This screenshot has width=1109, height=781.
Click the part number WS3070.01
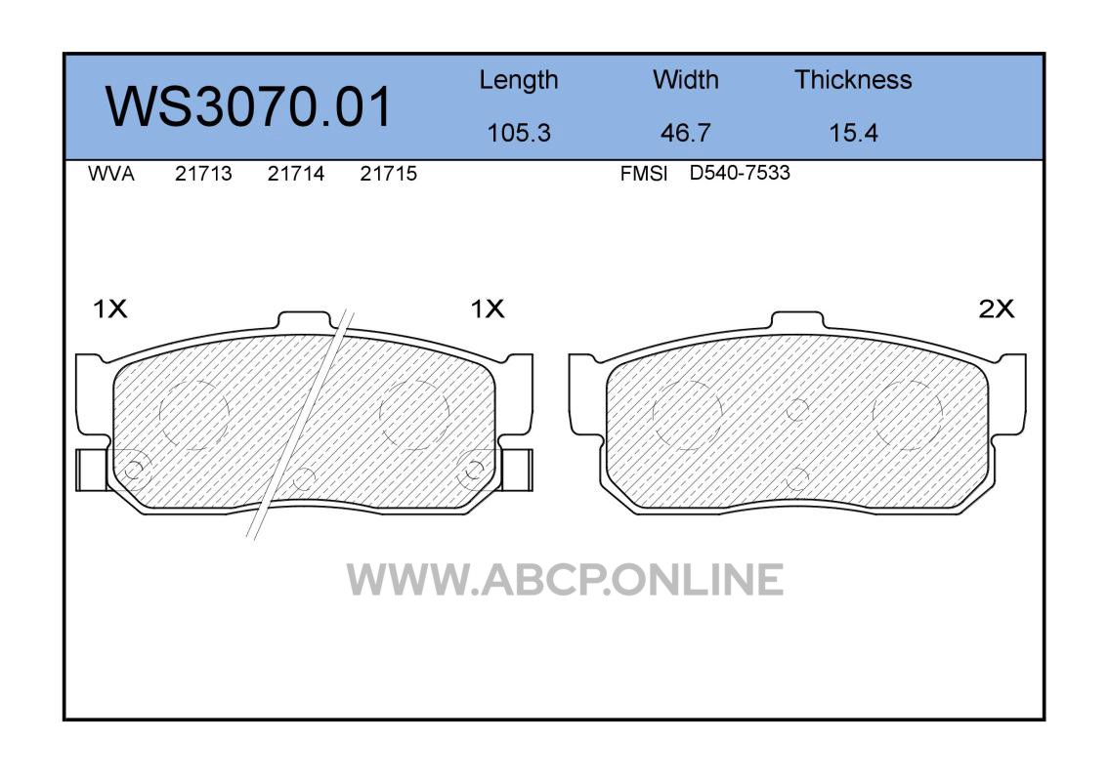pos(248,106)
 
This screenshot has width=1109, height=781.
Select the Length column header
pos(519,81)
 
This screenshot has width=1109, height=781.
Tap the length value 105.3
pos(519,133)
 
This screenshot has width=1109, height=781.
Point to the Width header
pos(685,79)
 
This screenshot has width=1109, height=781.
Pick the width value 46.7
pos(685,133)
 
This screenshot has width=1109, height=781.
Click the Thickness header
pos(853,79)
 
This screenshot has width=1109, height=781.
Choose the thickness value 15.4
pos(853,133)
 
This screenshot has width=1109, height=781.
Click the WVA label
pos(111,174)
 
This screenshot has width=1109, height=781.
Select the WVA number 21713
pos(203,174)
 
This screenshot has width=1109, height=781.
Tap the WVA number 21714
pos(296,174)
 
